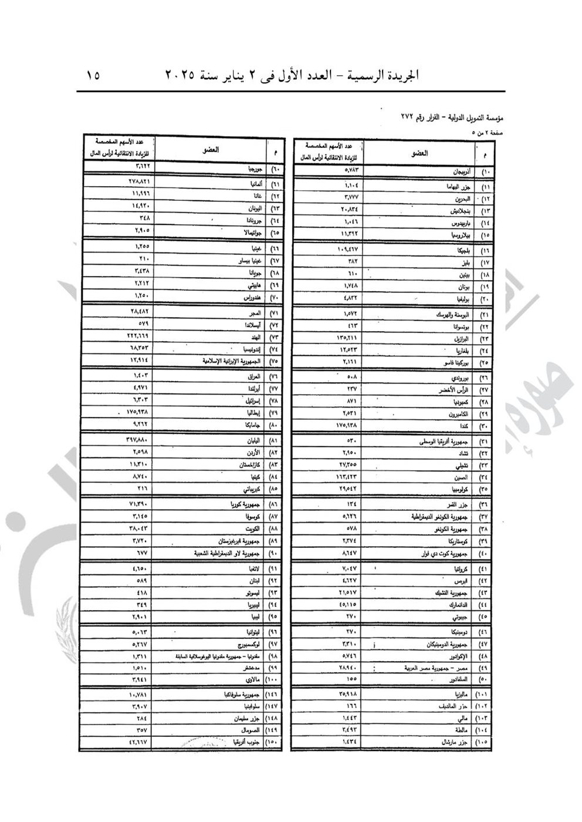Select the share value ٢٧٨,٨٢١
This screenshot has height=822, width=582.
click(140, 182)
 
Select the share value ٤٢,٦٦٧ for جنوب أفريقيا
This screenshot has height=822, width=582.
click(140, 742)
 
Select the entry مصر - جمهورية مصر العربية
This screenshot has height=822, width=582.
click(435, 668)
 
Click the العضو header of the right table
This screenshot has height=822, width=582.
click(419, 153)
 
